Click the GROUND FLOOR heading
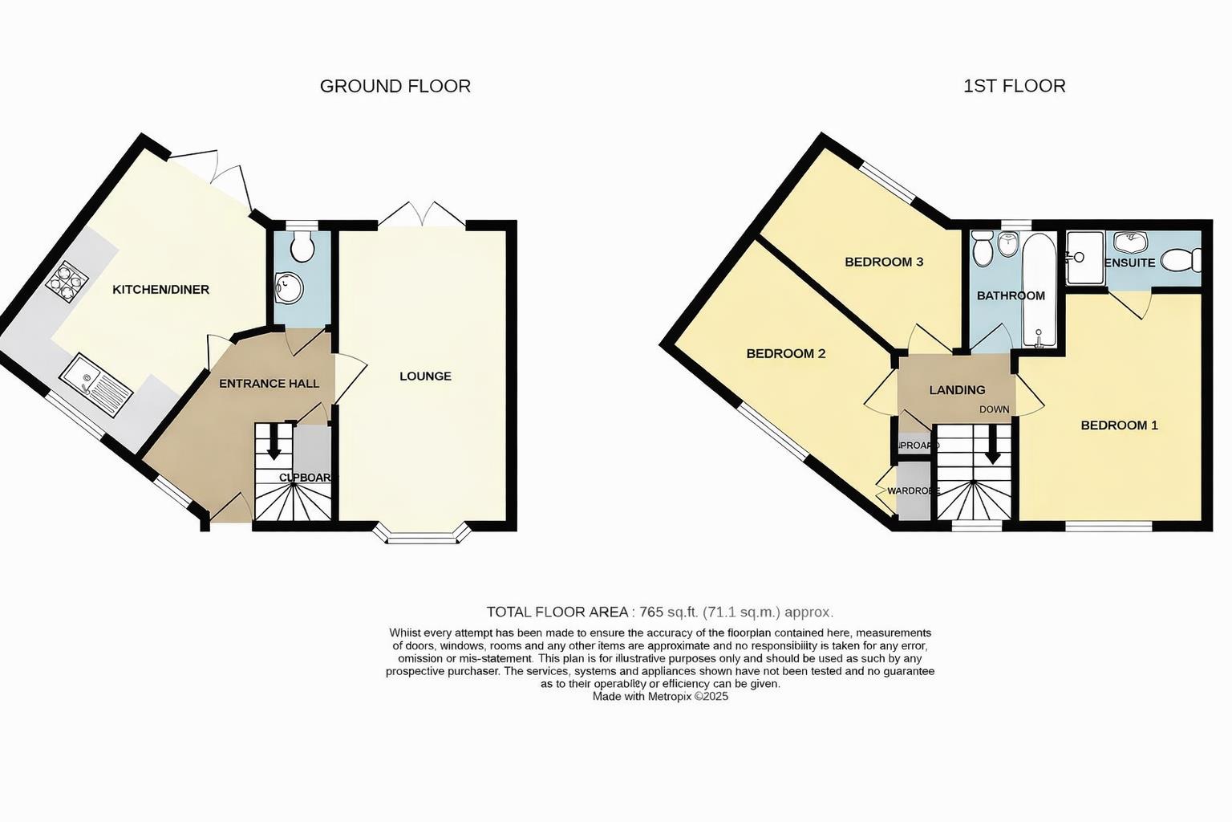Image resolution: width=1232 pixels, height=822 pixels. [x=395, y=86]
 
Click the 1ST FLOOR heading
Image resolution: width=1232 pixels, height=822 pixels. [x=1014, y=86]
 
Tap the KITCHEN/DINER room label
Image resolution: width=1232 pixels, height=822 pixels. [x=160, y=289]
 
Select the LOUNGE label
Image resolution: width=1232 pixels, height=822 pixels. [x=425, y=376]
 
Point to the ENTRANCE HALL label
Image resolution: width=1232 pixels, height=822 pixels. [x=269, y=384]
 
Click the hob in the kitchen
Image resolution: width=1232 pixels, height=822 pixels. [x=67, y=281]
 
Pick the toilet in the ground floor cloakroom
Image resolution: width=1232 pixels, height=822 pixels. [x=302, y=246]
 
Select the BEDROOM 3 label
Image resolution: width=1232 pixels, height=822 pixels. [x=884, y=262]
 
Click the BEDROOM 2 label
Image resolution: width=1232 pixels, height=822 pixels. [x=785, y=353]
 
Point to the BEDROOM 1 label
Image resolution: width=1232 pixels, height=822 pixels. [x=1119, y=425]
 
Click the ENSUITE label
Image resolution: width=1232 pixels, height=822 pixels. [x=1130, y=262]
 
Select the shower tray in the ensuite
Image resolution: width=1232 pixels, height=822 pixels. [x=1084, y=257]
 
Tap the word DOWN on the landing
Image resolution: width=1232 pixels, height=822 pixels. [x=994, y=409]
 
